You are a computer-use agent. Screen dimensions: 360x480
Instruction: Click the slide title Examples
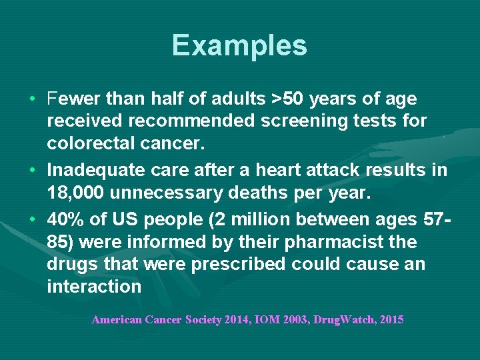point(239,45)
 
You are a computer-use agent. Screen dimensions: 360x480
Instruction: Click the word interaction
point(94,287)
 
